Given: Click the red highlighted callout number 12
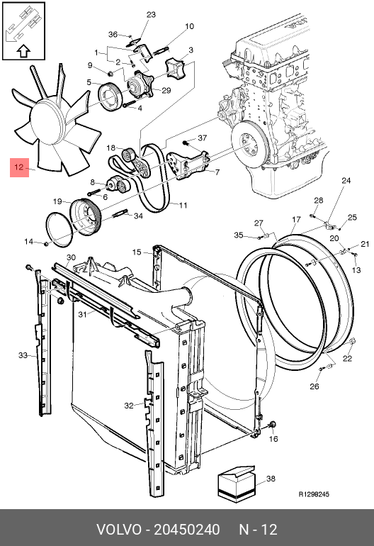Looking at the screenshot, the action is click(19, 167).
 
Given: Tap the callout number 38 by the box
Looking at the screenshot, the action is click(271, 479).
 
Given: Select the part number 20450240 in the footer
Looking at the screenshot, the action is click(187, 530).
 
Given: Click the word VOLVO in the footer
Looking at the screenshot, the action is click(118, 530).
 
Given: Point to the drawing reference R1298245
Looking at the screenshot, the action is click(314, 494).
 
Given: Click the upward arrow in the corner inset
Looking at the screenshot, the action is click(23, 51).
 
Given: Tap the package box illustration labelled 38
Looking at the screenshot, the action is click(237, 484).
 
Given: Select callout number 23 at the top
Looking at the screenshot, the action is click(151, 15).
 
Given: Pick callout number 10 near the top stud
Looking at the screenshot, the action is click(189, 26).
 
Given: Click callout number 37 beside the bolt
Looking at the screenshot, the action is click(203, 138).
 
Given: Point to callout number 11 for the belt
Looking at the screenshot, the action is click(183, 206).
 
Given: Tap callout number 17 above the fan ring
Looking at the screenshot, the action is click(296, 219).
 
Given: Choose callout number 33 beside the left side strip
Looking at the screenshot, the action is click(23, 355).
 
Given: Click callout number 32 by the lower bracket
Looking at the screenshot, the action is click(129, 406).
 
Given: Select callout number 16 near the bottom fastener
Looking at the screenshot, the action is click(274, 439).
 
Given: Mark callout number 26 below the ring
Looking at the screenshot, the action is click(314, 386).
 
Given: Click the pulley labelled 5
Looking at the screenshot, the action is click(109, 97).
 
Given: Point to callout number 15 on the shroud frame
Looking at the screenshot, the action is click(137, 252).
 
